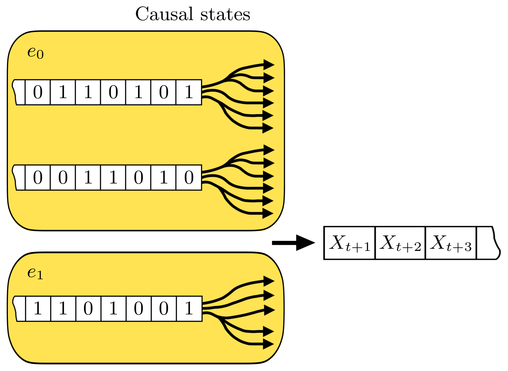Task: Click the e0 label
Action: tap(35, 52)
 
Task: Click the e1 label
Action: tap(35, 273)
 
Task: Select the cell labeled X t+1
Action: tap(350, 243)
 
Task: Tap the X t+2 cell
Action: tap(400, 243)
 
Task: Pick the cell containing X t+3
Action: tap(451, 243)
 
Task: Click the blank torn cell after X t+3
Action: tap(487, 243)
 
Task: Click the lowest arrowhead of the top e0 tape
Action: tap(268, 128)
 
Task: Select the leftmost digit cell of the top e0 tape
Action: tap(38, 92)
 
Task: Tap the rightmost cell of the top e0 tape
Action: tap(189, 92)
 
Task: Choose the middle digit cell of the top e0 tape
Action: tap(113, 92)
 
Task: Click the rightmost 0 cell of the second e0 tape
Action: tap(189, 177)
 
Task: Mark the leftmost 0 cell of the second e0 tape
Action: tap(38, 177)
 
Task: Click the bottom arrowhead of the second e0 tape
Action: tap(268, 214)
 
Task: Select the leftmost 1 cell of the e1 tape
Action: tap(38, 309)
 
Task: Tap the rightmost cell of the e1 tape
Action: tap(189, 309)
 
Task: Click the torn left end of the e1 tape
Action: tap(19, 309)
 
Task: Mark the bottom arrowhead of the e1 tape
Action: tap(268, 344)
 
